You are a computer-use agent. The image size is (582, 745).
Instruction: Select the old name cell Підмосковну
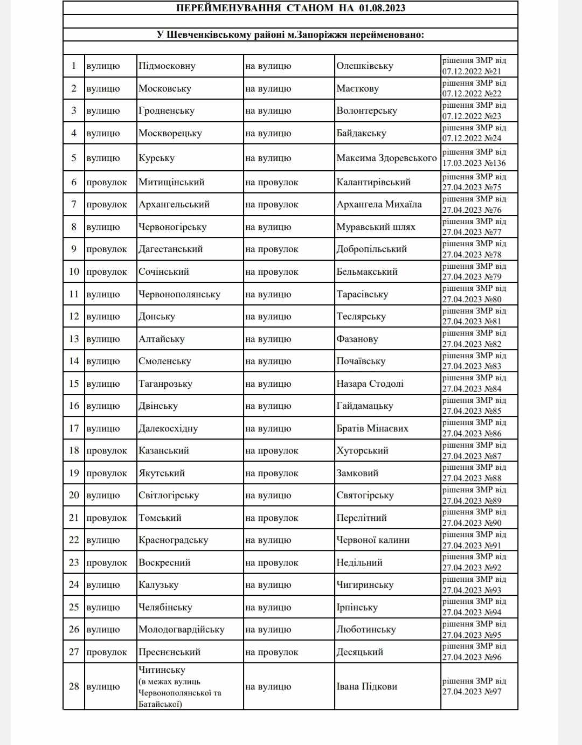click(x=167, y=66)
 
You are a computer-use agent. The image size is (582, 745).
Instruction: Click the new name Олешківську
click(x=365, y=66)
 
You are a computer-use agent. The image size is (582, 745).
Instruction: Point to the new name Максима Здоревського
click(x=386, y=158)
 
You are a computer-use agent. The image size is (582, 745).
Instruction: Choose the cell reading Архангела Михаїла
click(x=379, y=205)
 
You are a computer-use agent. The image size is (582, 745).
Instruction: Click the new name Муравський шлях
click(x=376, y=227)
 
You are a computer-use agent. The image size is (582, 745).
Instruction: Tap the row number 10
click(x=74, y=272)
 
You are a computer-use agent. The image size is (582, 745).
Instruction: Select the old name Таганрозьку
click(x=165, y=384)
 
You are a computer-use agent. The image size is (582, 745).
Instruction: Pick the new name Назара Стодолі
click(x=370, y=384)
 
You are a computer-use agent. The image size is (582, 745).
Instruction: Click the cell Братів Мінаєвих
click(x=372, y=429)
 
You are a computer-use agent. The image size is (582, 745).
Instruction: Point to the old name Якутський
click(x=162, y=474)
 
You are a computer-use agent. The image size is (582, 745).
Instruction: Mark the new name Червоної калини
click(x=373, y=540)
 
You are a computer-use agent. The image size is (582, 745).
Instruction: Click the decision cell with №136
click(x=474, y=158)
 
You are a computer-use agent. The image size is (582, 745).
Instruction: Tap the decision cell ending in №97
click(x=474, y=686)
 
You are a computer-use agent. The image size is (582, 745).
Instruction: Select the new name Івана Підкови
click(x=366, y=687)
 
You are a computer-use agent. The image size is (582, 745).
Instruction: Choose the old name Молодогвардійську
click(x=182, y=630)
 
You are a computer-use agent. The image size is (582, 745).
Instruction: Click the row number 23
click(x=74, y=563)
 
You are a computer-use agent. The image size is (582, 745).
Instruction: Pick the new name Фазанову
click(x=357, y=339)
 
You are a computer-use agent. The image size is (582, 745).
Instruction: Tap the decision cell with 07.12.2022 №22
click(x=474, y=88)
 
